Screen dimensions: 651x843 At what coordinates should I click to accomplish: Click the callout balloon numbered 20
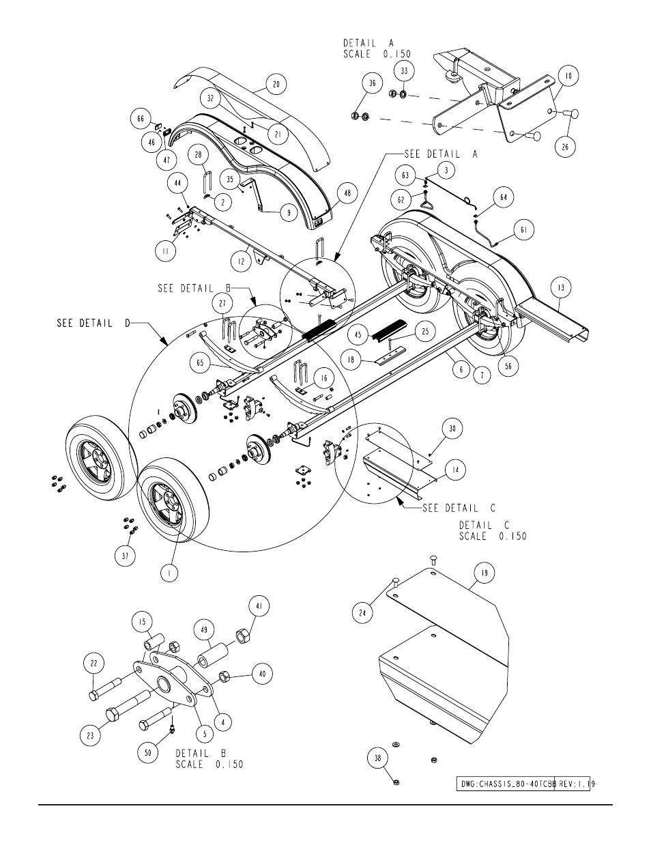tap(276, 84)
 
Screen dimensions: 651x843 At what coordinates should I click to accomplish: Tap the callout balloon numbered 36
tap(372, 83)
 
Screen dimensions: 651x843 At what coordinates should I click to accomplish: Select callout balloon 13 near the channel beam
tap(561, 287)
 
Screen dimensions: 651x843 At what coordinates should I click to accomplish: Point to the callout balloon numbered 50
tap(147, 753)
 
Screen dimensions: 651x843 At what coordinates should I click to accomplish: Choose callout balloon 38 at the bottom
tap(377, 758)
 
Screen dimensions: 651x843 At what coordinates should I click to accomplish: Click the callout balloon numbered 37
tap(126, 556)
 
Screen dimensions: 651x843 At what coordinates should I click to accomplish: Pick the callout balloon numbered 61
tap(524, 229)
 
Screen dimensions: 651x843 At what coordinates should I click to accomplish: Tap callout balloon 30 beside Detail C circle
tap(452, 428)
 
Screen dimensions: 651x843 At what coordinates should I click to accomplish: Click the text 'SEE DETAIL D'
tap(93, 323)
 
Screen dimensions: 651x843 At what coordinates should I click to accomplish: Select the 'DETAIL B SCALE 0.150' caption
tap(209, 759)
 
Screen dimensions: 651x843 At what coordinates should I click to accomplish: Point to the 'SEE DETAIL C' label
tap(459, 508)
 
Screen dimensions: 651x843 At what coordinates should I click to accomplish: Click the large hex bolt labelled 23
tap(128, 706)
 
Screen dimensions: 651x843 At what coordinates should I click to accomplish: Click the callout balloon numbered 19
tap(484, 573)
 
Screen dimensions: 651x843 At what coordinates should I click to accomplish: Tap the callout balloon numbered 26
tap(565, 147)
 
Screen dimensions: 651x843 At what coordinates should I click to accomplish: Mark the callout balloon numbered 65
tap(200, 362)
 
